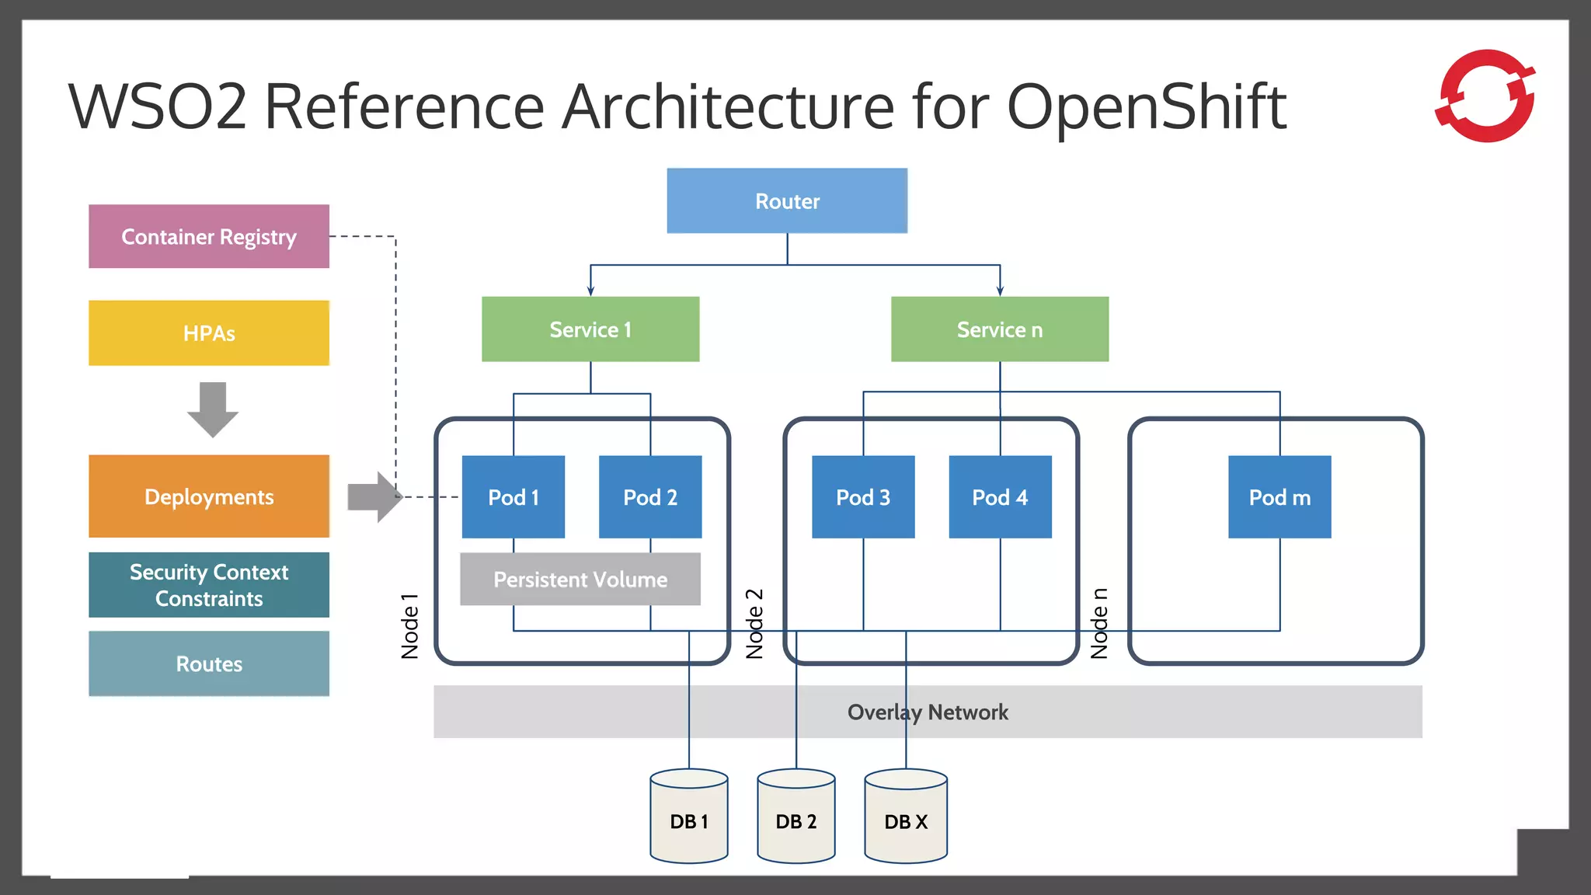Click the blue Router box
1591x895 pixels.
click(x=787, y=200)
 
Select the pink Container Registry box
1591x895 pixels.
click(x=209, y=236)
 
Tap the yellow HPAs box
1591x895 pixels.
click(x=209, y=333)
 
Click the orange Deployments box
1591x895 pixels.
click(x=209, y=496)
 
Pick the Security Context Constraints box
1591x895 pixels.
click(x=209, y=585)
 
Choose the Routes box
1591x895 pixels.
click(x=209, y=663)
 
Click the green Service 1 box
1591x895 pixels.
click(x=590, y=329)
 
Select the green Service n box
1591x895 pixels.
click(x=1000, y=329)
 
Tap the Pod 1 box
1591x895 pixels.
click(x=514, y=497)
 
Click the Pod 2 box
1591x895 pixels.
click(x=650, y=497)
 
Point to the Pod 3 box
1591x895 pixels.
click(x=863, y=497)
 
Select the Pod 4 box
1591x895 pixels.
click(x=1000, y=497)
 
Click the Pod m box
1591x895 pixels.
click(x=1279, y=497)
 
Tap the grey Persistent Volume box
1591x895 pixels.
click(x=580, y=580)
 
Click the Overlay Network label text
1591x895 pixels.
click(x=928, y=712)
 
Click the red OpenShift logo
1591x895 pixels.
click(x=1485, y=96)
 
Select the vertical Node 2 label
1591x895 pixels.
click(x=754, y=624)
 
